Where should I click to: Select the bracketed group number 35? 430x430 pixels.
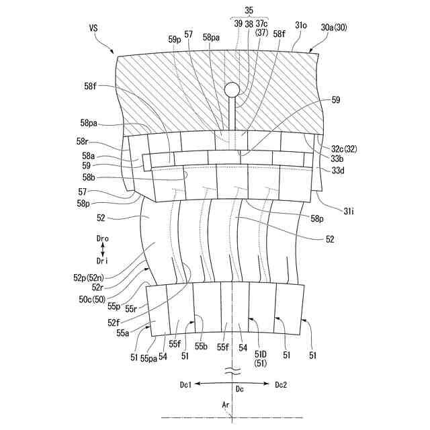tap(249, 11)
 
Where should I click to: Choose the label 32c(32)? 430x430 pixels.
tap(345, 148)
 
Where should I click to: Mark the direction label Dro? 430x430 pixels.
tap(101, 238)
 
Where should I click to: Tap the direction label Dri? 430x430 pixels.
tap(101, 260)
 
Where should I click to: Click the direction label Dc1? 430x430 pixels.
tap(185, 384)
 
